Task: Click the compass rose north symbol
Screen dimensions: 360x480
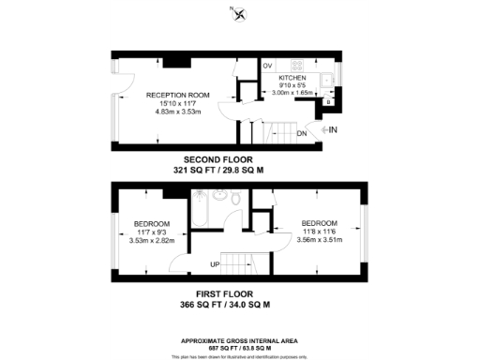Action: (239, 12)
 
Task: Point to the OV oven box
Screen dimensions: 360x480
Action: (267, 66)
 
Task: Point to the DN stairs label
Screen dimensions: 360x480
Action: (301, 133)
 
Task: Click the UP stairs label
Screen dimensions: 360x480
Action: (215, 264)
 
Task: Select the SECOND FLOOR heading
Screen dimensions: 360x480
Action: (218, 159)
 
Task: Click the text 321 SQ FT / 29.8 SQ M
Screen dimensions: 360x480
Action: (218, 171)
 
